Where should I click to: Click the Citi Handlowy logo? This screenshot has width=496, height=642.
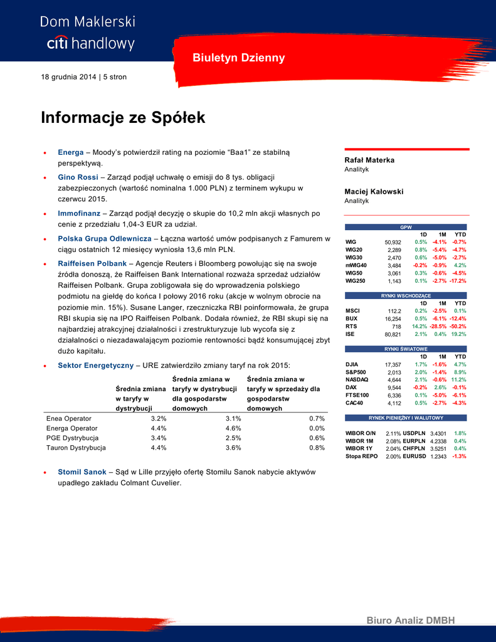coord(88,33)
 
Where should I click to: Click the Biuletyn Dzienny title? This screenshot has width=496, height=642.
coord(239,58)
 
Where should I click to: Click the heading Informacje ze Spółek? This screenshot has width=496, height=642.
coord(123,117)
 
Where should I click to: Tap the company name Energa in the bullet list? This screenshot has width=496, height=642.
coord(70,152)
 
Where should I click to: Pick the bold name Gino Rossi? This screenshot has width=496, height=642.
coord(78,177)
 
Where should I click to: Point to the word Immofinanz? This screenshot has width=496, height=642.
coord(78,214)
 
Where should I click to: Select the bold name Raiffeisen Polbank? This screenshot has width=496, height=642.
coord(92,264)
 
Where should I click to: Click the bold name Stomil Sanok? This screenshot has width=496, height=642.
coord(82,471)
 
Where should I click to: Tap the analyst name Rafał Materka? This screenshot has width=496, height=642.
coord(369,160)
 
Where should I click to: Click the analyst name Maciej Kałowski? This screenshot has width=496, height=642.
coord(374,192)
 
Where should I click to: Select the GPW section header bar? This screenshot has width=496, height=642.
coord(406,227)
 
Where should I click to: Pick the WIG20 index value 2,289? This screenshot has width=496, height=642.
coord(394,250)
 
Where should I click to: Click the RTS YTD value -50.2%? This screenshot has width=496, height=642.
coord(458,327)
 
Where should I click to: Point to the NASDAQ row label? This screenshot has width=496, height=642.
coord(357,379)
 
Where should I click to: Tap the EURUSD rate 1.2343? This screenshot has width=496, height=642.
coord(438,456)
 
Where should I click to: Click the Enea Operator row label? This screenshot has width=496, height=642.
coord(69,418)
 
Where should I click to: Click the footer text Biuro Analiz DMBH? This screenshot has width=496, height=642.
coord(410,621)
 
